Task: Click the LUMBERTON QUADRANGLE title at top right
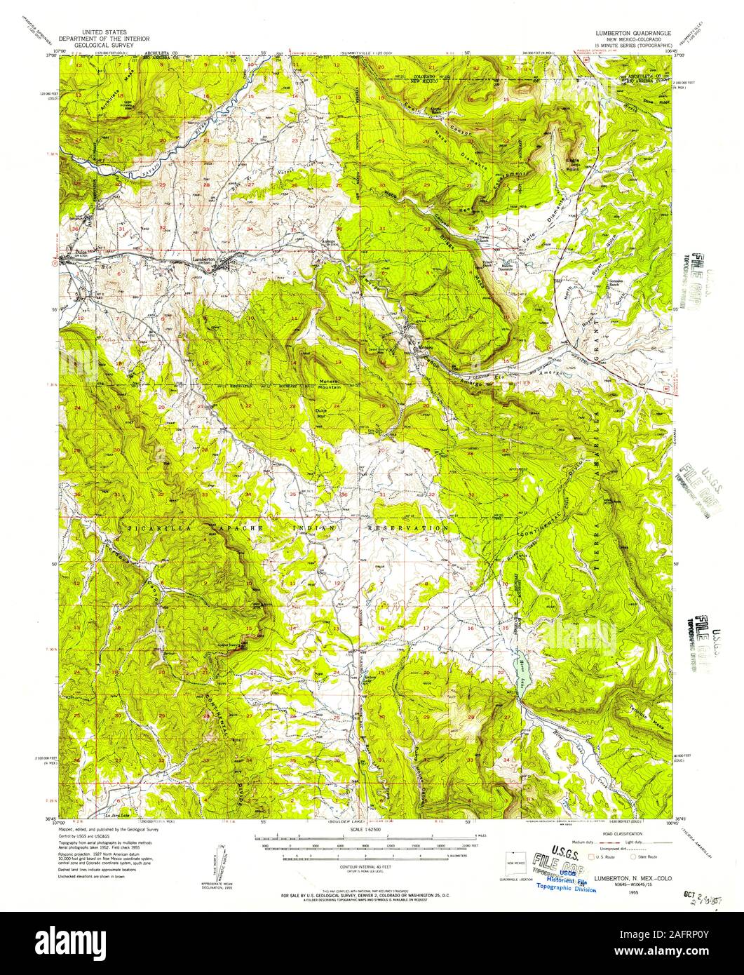pos(633,33)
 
